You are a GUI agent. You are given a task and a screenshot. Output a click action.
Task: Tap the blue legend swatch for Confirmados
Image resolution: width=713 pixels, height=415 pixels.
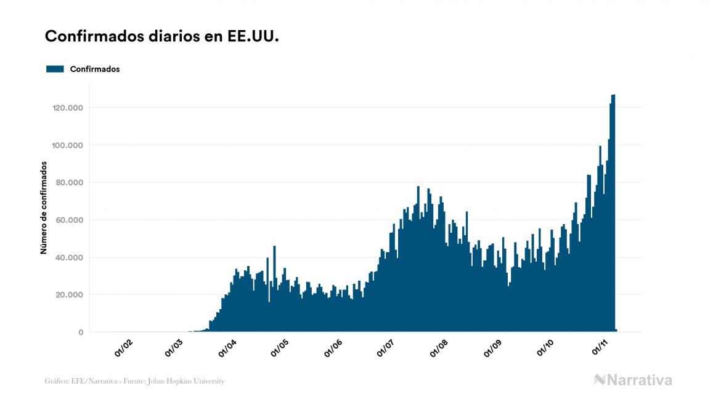[55, 69]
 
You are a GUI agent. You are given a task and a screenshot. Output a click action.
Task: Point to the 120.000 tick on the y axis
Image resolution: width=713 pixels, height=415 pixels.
[68, 108]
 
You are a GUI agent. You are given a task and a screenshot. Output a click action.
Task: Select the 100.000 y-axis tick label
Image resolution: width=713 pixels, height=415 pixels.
[68, 146]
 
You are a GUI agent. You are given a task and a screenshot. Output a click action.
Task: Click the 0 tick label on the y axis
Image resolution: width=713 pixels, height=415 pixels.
[81, 332]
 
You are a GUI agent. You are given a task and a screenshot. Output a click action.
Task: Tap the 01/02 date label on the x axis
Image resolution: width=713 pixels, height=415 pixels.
[124, 349]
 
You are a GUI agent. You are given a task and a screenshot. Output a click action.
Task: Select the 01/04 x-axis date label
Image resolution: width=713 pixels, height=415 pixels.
[227, 349]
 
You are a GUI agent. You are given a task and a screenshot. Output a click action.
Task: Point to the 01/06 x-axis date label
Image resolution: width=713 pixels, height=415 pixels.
[333, 349]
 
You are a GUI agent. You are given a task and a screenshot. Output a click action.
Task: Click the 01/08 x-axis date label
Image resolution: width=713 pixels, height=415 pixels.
[439, 349]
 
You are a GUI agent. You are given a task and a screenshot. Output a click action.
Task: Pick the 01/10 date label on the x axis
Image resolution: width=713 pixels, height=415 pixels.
[545, 349]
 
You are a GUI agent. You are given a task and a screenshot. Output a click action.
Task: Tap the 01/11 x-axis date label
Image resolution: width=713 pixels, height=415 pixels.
[600, 349]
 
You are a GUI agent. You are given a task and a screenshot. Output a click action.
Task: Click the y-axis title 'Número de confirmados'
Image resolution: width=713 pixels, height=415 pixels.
[44, 207]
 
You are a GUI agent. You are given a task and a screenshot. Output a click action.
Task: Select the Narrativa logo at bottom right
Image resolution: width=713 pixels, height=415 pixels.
[633, 380]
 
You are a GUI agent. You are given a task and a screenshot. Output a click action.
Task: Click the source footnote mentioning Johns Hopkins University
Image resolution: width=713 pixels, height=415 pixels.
[134, 381]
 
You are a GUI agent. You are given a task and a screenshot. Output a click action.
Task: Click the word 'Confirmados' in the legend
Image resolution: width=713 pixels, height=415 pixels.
[95, 69]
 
